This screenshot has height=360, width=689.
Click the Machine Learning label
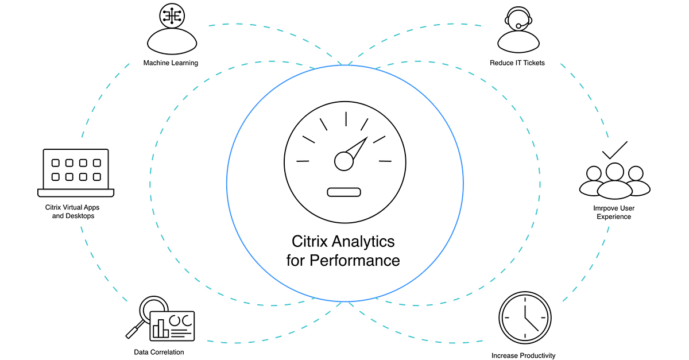171,63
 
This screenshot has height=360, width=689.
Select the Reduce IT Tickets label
517,63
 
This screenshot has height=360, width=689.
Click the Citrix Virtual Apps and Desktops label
69,212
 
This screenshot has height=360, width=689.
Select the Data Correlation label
159,352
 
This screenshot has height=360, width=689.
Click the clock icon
525,318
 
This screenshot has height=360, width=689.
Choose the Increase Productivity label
524,355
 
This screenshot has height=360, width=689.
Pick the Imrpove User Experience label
614,212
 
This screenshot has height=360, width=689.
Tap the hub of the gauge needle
344,161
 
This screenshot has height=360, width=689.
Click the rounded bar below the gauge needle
344,192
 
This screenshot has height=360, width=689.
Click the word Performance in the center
354,260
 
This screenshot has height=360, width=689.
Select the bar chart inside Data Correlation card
160,329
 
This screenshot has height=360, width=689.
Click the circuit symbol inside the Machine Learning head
171,16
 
